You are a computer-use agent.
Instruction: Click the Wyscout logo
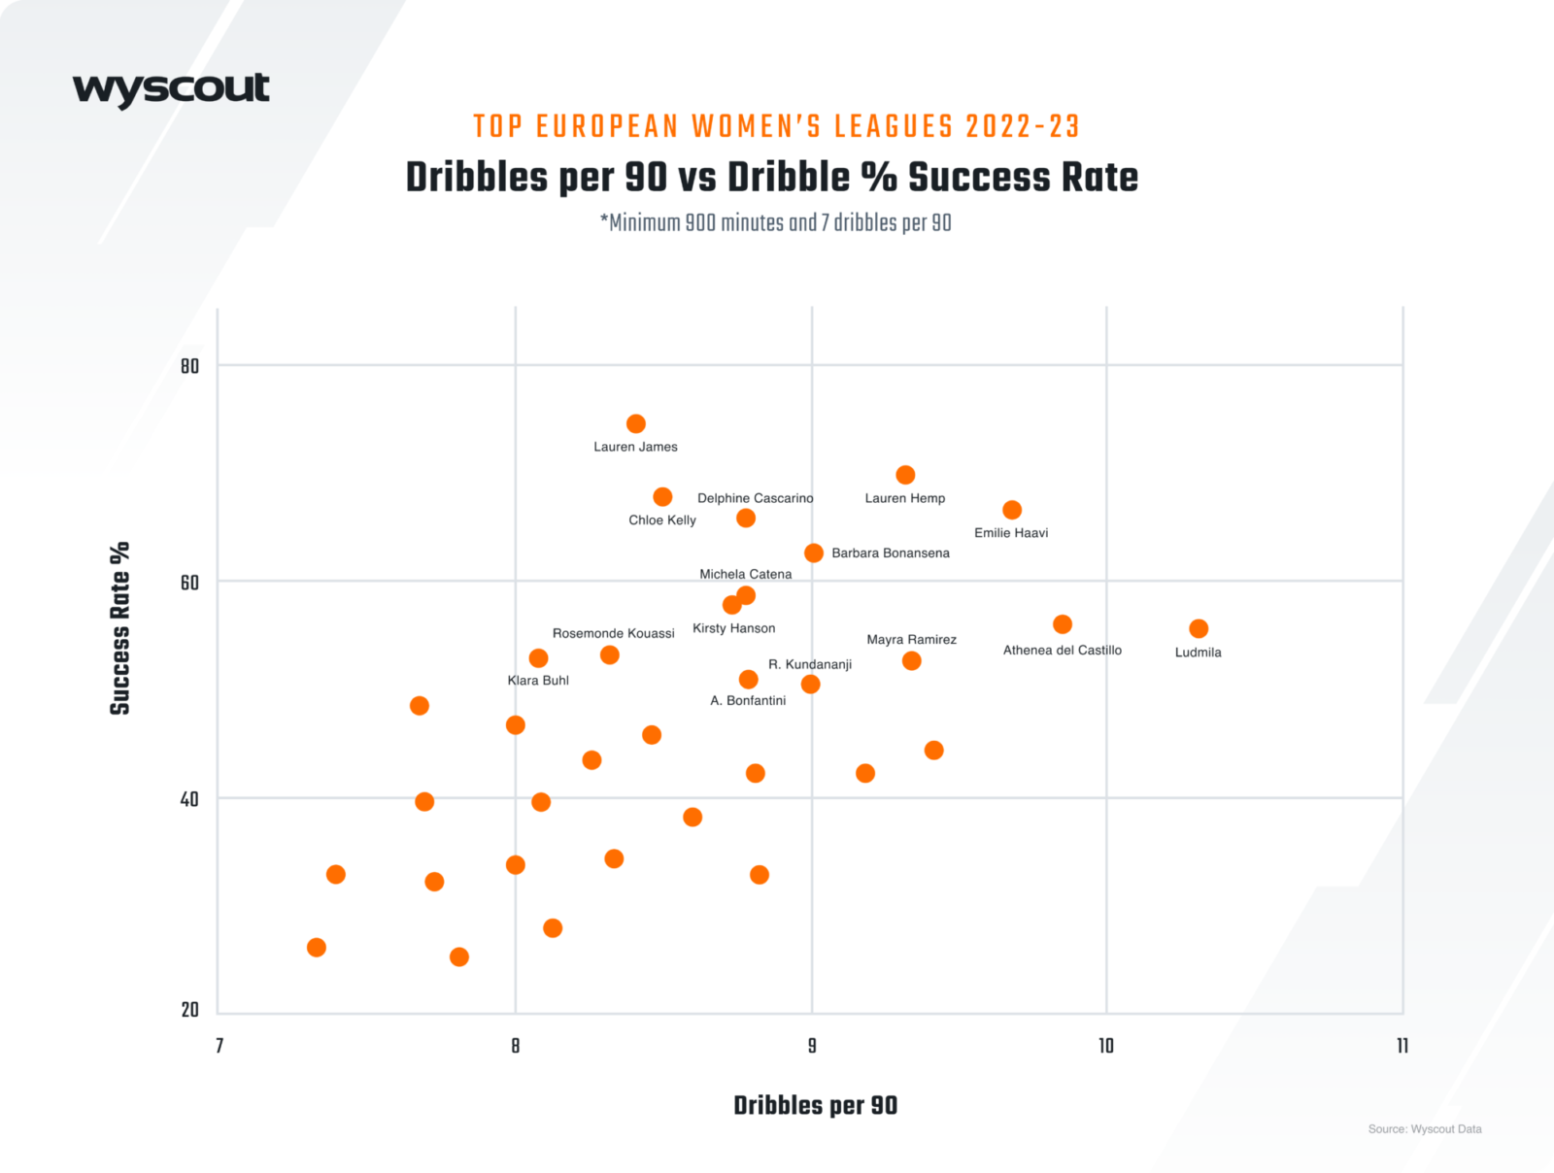(171, 89)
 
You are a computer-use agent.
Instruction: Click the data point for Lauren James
(636, 423)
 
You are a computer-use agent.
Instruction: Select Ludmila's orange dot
(1199, 628)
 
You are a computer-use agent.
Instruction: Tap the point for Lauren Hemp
(905, 475)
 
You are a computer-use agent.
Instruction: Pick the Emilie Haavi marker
(1012, 510)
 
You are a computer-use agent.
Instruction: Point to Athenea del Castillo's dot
(1063, 624)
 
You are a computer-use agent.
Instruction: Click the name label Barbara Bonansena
(891, 553)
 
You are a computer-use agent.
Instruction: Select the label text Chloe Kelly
(662, 519)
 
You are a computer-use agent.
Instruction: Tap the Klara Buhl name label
(538, 680)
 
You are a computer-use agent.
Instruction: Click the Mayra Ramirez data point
(911, 661)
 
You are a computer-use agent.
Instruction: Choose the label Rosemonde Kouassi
(613, 633)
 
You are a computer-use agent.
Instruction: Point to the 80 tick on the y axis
(189, 366)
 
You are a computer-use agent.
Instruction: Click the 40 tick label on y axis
(189, 799)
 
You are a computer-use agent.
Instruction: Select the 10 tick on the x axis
(1106, 1046)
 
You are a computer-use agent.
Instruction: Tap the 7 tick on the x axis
(220, 1046)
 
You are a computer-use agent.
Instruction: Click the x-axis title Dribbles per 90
(815, 1105)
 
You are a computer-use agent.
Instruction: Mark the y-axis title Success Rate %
(119, 628)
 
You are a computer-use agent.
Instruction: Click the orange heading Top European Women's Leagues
(776, 126)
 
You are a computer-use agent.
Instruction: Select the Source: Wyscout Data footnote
(1425, 1128)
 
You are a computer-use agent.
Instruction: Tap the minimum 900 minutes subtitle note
(776, 222)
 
